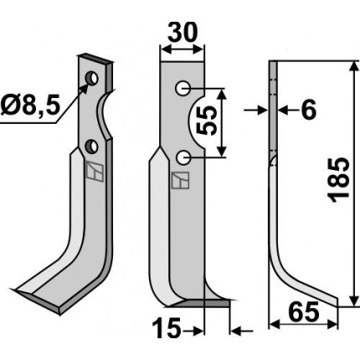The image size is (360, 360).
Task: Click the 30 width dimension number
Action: (x=183, y=32)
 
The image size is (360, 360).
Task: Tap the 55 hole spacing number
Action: (x=207, y=121)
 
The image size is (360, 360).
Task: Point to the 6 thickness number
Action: (x=309, y=110)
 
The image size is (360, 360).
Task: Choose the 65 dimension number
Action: (x=304, y=311)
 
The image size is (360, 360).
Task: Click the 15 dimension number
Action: (x=167, y=328)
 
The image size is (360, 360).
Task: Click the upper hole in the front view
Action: (x=183, y=89)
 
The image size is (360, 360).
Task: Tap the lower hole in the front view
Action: (x=183, y=157)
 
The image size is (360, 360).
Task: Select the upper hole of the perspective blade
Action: (x=92, y=78)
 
